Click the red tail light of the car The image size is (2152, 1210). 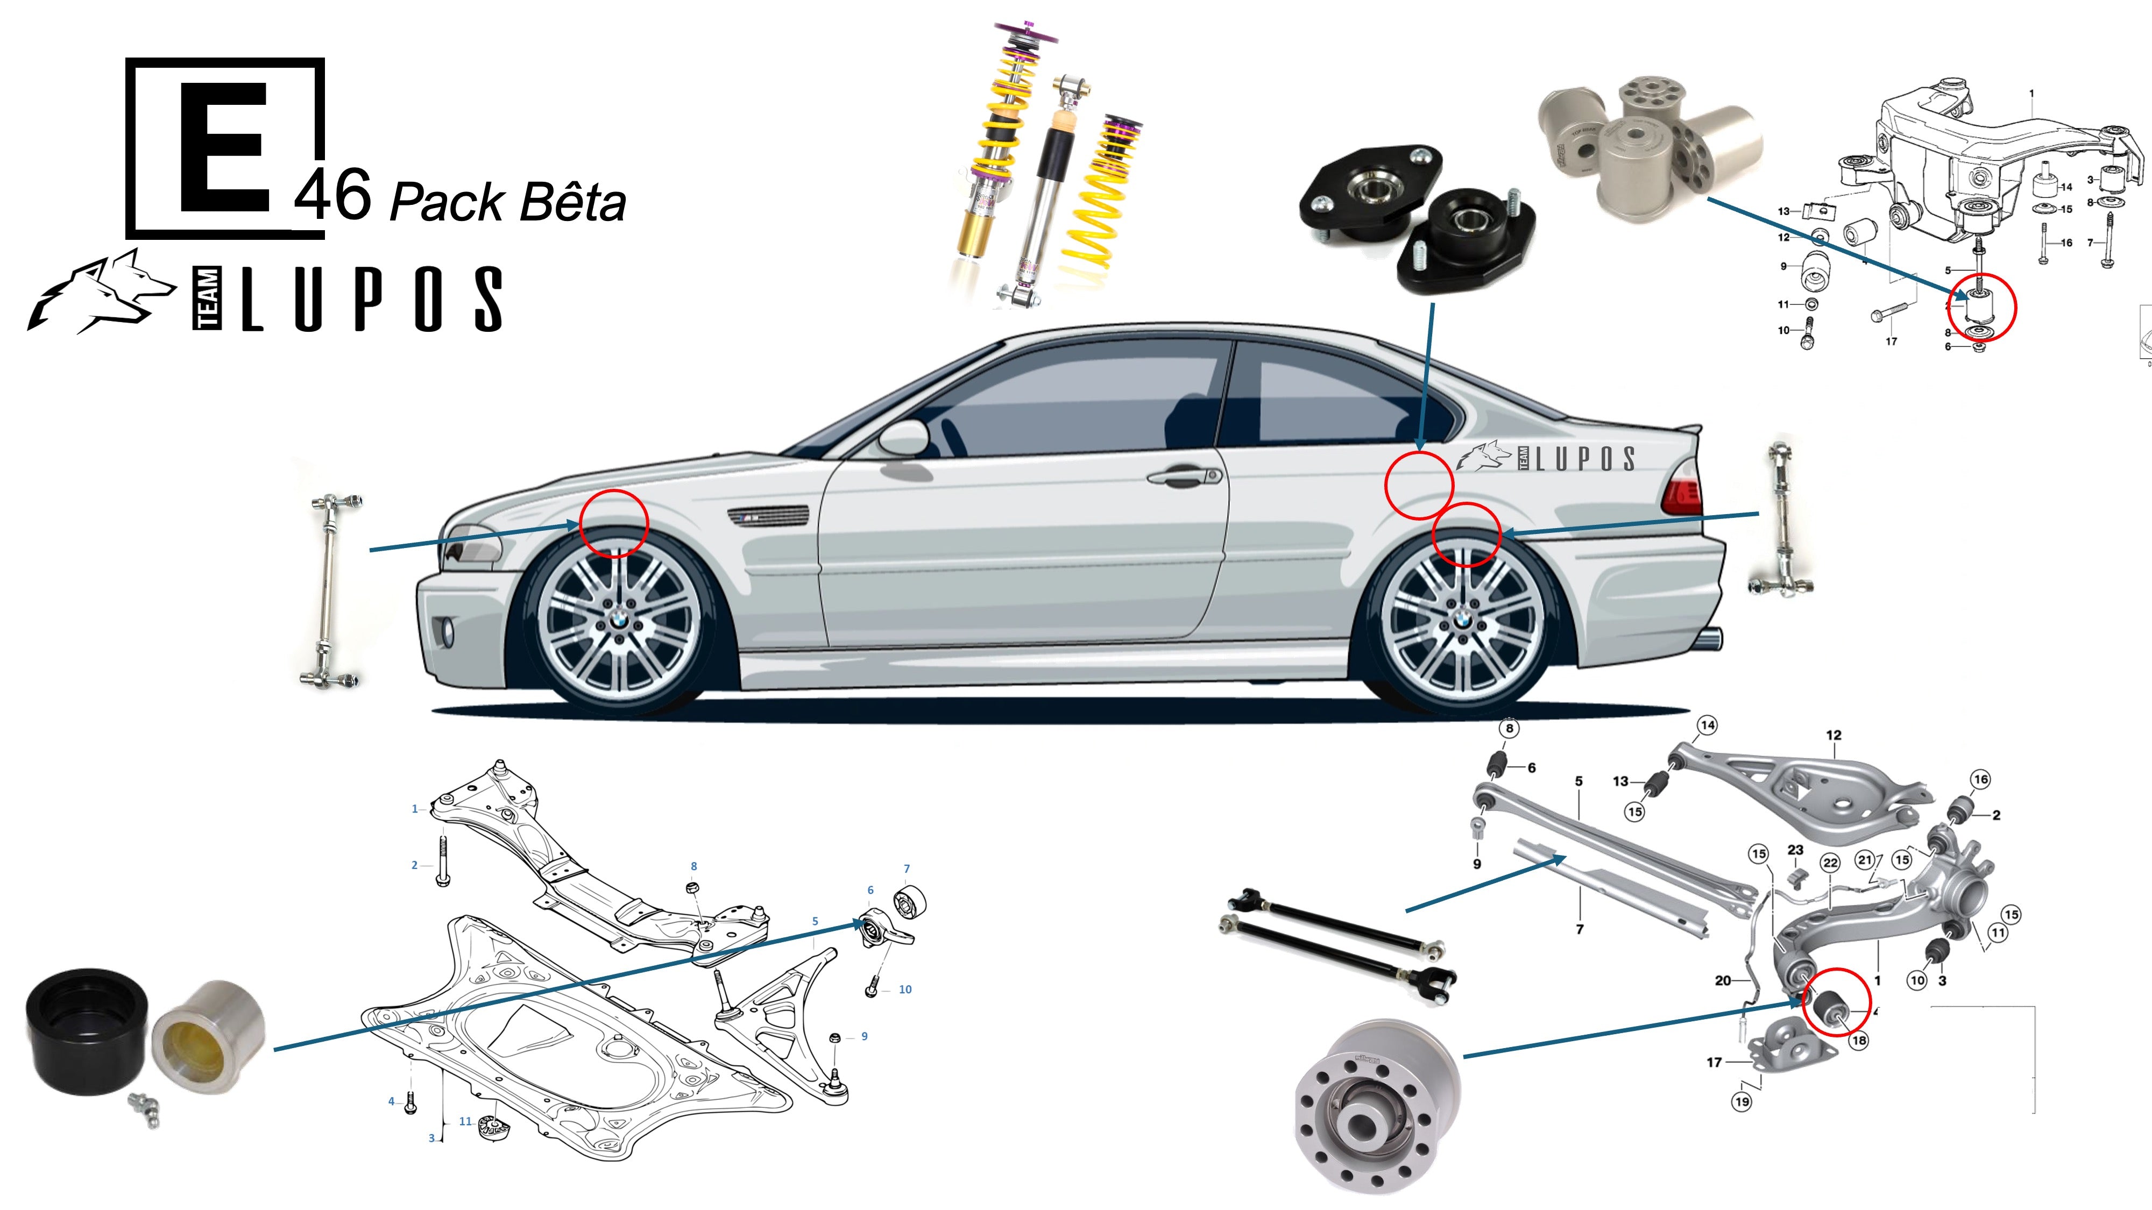point(1681,493)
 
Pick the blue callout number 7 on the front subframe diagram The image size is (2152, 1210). point(907,869)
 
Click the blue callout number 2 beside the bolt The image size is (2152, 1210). point(414,865)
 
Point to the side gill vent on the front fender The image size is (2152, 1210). point(769,516)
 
